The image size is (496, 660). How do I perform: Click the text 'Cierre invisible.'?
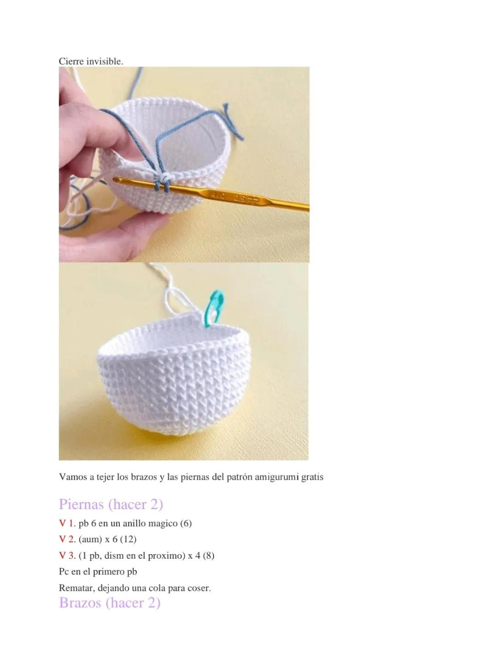pyautogui.click(x=91, y=61)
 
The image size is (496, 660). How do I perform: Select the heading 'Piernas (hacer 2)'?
pyautogui.click(x=111, y=504)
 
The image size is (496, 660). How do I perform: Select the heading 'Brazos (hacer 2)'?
pyautogui.click(x=110, y=602)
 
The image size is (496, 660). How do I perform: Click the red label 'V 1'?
pyautogui.click(x=66, y=523)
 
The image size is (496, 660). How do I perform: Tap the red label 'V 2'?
pyautogui.click(x=66, y=539)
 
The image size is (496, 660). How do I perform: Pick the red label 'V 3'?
pyautogui.click(x=66, y=556)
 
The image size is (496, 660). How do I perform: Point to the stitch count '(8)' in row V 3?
pyautogui.click(x=209, y=556)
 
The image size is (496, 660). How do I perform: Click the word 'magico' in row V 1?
pyautogui.click(x=163, y=523)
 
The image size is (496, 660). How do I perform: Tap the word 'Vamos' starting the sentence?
pyautogui.click(x=73, y=477)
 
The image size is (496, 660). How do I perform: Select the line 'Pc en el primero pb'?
pyautogui.click(x=98, y=572)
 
